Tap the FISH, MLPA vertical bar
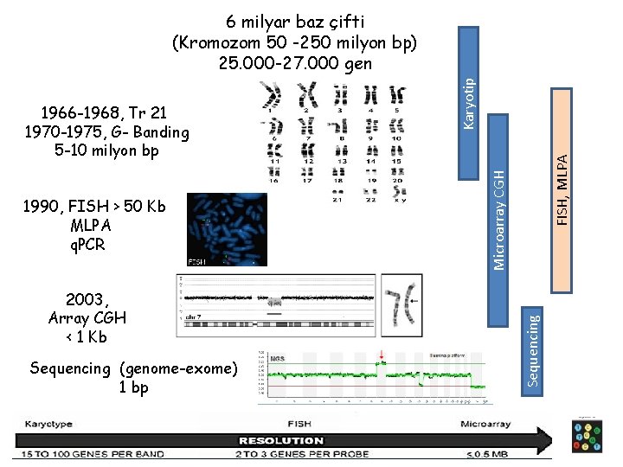562,164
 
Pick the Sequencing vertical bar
535,350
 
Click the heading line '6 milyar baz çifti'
295,21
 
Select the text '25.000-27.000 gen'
295,63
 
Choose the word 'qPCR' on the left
88,244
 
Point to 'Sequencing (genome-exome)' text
133,368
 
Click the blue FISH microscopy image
225,229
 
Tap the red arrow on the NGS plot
379,355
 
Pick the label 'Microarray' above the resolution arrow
485,425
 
